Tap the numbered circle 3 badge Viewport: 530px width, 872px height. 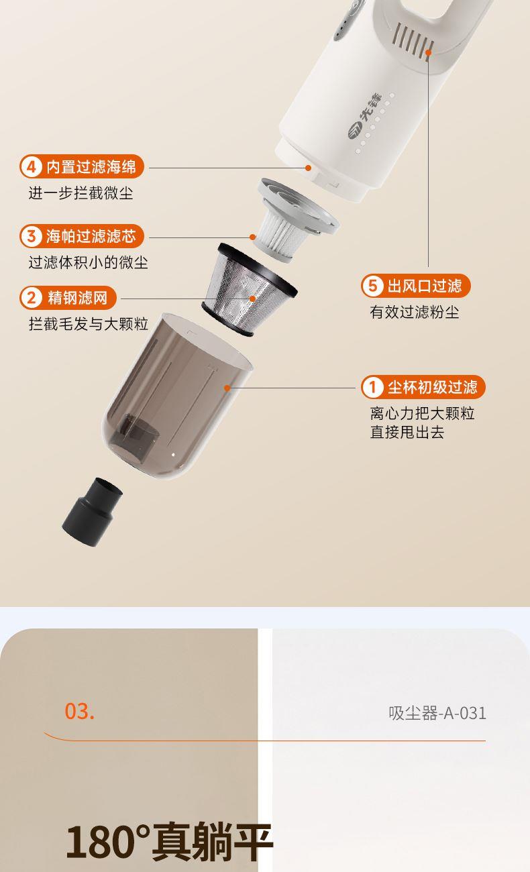(32, 236)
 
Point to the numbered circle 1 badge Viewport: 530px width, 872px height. (372, 387)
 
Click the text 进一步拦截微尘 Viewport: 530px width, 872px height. (81, 193)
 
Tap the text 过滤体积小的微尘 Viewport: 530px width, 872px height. (88, 262)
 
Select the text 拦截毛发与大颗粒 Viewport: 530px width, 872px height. (88, 324)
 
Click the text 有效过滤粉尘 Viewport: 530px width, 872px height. (415, 312)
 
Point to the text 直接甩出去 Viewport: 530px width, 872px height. (407, 432)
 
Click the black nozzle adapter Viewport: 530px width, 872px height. (92, 511)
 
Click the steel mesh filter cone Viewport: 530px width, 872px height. (249, 290)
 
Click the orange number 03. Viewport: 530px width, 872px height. (79, 711)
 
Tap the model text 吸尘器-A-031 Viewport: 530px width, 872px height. (437, 713)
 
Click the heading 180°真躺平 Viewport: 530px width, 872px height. (169, 842)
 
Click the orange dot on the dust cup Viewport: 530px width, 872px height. (227, 388)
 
